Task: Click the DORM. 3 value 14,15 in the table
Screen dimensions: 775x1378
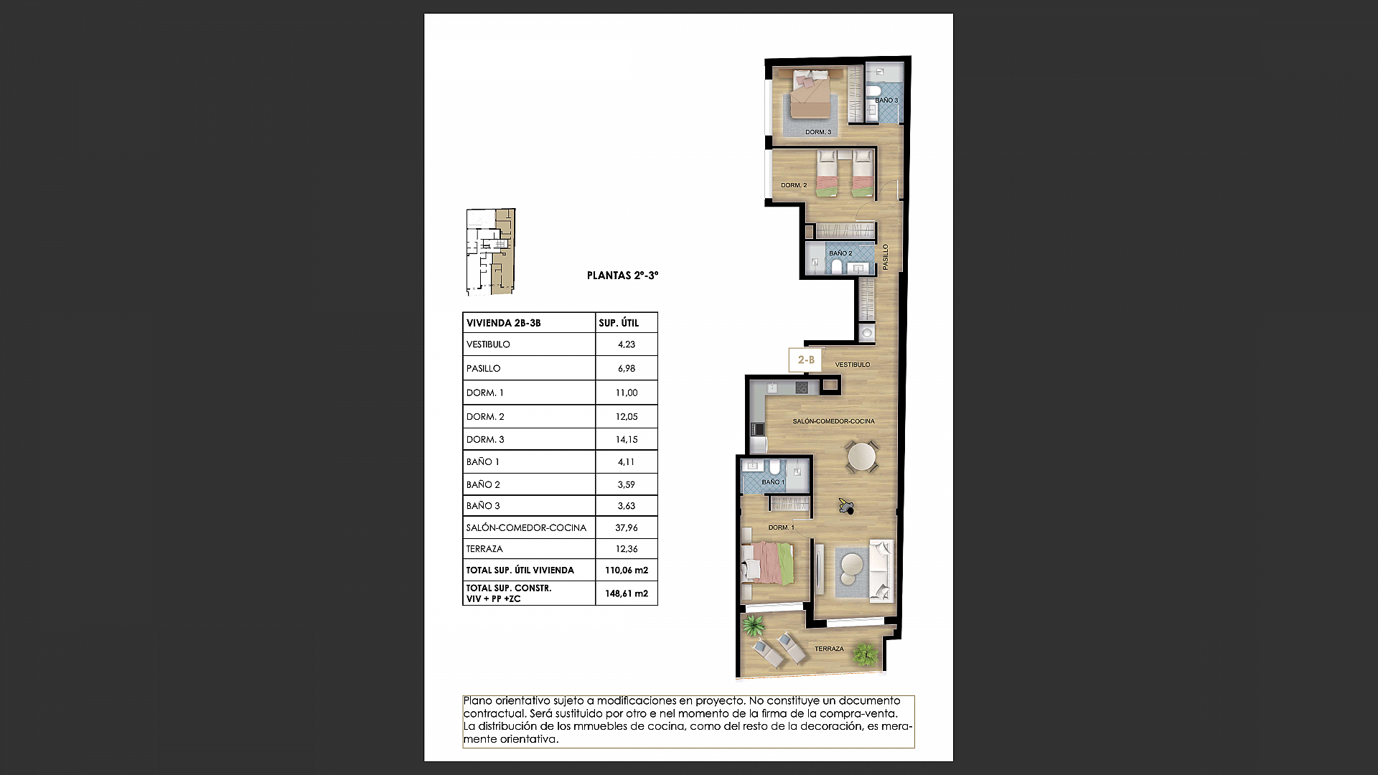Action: (626, 439)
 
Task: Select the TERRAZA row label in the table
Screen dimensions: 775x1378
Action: (484, 549)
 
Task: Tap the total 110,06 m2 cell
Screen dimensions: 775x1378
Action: (626, 570)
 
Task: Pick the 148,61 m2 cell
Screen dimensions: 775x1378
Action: (626, 593)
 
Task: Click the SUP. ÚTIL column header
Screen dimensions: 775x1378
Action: (619, 323)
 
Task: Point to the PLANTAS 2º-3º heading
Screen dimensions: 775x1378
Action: (622, 276)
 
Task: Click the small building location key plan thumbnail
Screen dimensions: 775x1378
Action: (491, 252)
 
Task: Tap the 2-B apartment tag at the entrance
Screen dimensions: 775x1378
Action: (806, 360)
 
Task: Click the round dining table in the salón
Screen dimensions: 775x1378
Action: (861, 456)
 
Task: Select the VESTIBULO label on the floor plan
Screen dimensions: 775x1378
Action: (852, 365)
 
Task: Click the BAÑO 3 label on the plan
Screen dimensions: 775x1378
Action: (886, 100)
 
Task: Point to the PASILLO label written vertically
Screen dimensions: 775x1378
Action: (886, 257)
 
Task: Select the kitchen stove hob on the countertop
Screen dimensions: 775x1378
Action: (802, 387)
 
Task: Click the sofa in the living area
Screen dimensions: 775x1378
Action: (881, 571)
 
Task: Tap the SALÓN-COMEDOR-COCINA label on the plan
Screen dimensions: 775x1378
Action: (833, 421)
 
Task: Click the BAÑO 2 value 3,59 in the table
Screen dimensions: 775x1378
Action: (626, 484)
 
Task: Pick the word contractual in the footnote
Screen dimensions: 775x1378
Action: (494, 713)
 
